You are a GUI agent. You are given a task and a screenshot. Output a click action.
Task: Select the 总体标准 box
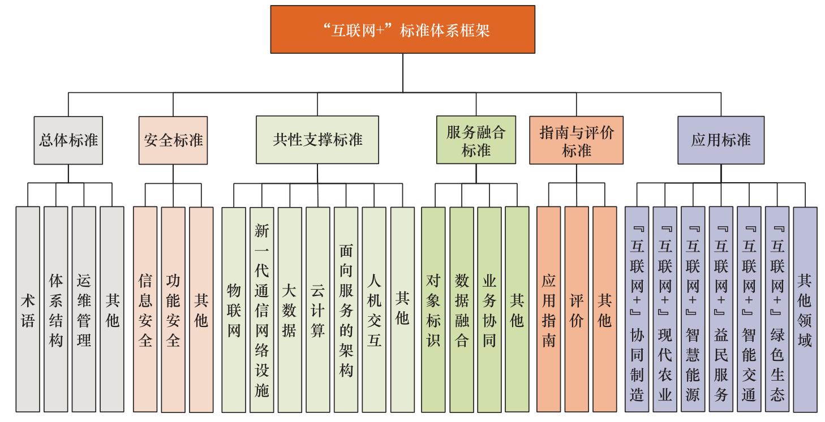point(68,140)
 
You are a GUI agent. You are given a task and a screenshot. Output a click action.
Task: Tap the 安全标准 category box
point(170,140)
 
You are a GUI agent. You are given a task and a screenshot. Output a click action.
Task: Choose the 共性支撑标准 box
point(317,140)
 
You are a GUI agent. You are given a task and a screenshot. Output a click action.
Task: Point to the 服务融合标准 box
point(476,140)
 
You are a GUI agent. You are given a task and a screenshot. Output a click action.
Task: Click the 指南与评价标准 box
point(577,140)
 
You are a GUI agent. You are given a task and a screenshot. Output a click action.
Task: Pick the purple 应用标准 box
point(720,140)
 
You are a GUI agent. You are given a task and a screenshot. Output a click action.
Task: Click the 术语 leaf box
point(28,309)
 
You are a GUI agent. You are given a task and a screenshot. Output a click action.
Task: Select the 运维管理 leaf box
point(84,309)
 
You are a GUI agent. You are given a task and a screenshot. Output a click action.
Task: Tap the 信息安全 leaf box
point(145,309)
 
